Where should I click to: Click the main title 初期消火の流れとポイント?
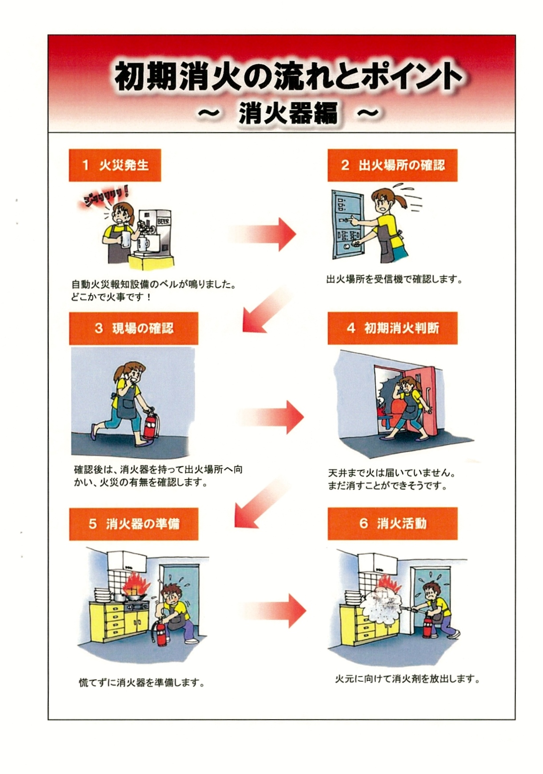[x=288, y=76]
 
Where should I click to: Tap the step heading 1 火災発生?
[x=115, y=165]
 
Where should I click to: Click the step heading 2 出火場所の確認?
[x=392, y=165]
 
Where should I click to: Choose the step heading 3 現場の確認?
[x=133, y=329]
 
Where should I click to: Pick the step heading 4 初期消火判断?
[x=392, y=328]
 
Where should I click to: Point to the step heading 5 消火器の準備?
[x=133, y=524]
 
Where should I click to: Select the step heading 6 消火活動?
[x=392, y=523]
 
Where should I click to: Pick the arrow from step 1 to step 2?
[x=262, y=234]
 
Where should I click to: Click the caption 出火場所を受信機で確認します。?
[x=394, y=280]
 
